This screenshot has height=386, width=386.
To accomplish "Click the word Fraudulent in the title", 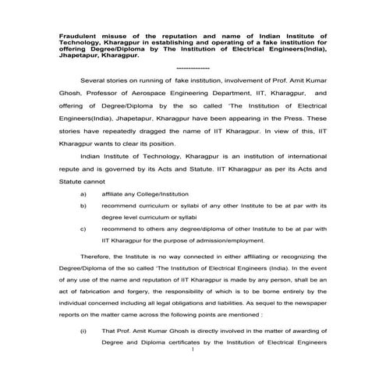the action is (76, 36).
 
